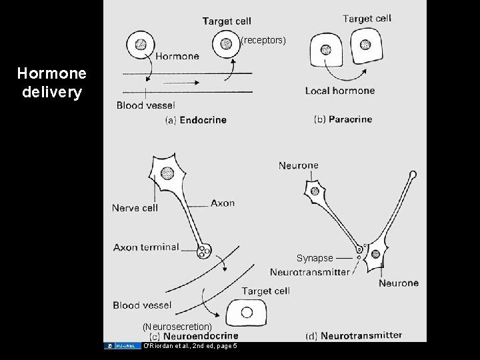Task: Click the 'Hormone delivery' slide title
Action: click(x=51, y=83)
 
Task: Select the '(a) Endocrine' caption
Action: click(x=195, y=120)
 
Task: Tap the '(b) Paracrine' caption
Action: click(x=343, y=119)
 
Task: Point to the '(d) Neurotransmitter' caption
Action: click(x=353, y=335)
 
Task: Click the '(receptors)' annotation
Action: click(x=263, y=41)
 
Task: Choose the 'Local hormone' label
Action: click(x=339, y=91)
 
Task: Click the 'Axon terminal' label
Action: click(x=146, y=247)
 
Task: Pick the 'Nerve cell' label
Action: click(x=135, y=208)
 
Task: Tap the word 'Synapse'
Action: click(x=315, y=258)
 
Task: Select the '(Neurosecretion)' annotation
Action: click(x=177, y=327)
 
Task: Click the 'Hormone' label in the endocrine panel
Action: click(x=177, y=57)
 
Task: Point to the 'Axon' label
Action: click(x=223, y=203)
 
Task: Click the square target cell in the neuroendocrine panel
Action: click(x=247, y=312)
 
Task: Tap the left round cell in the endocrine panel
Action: click(x=141, y=45)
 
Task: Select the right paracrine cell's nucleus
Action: click(x=365, y=45)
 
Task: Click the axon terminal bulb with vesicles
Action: click(x=204, y=252)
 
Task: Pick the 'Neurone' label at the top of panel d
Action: click(x=298, y=165)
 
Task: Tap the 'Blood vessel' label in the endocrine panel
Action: click(x=145, y=105)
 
